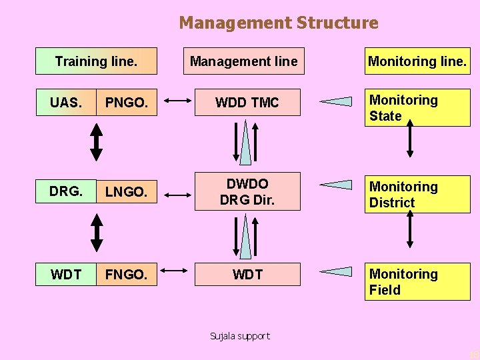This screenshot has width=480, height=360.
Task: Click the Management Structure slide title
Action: tap(278, 23)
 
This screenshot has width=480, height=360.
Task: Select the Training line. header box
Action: tap(96, 61)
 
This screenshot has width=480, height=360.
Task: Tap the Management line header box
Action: tap(243, 61)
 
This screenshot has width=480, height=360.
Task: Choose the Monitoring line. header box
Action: tap(417, 61)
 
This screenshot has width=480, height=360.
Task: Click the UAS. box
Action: tap(66, 103)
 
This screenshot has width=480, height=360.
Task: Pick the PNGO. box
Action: tap(127, 103)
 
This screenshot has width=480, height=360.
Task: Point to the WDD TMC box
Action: tap(247, 103)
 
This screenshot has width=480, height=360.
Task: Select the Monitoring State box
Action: tap(417, 108)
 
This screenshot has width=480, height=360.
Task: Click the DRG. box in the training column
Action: tap(66, 191)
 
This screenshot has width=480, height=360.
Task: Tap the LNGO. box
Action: tap(127, 192)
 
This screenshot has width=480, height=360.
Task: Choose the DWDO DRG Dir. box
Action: tap(247, 191)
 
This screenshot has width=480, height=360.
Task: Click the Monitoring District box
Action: tap(417, 195)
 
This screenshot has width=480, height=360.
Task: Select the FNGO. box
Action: tap(127, 274)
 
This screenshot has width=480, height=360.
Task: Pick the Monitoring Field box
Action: tap(417, 281)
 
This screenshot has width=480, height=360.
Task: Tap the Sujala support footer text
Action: tap(240, 336)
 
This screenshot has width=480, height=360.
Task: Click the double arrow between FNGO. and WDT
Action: tap(175, 271)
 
